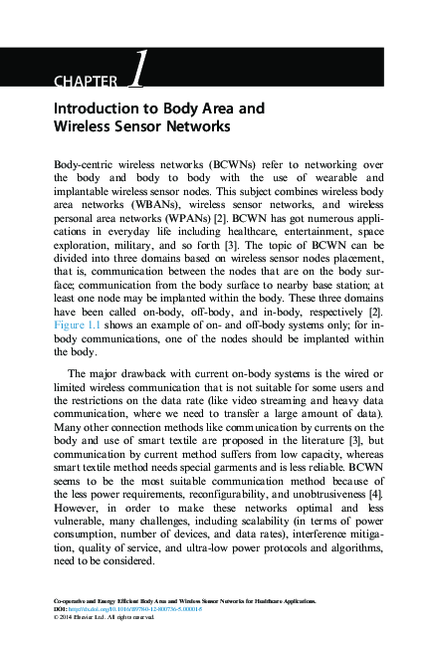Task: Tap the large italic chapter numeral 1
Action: point(136,73)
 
